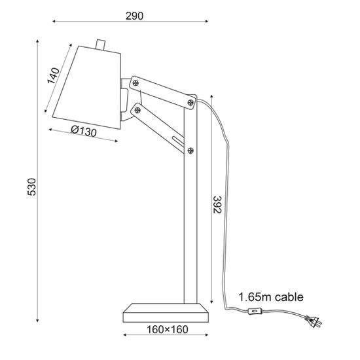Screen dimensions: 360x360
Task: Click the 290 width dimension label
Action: pyautogui.click(x=134, y=16)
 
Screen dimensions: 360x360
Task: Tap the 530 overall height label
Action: pyautogui.click(x=32, y=187)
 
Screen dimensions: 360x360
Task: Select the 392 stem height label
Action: pyautogui.click(x=217, y=205)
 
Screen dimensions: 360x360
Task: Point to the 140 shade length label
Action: pyautogui.click(x=53, y=75)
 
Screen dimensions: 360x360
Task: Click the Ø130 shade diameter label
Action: pyautogui.click(x=84, y=132)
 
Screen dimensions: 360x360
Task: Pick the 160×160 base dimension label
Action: pyautogui.click(x=167, y=330)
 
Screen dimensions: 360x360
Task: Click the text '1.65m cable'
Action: pyautogui.click(x=271, y=297)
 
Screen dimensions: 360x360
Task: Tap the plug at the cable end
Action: pyautogui.click(x=314, y=321)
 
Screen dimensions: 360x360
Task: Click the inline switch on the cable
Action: pyautogui.click(x=255, y=312)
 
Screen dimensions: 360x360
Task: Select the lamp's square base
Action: pyautogui.click(x=166, y=313)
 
